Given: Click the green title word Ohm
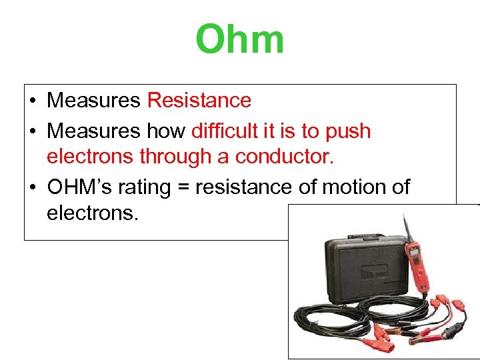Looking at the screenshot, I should [240, 40].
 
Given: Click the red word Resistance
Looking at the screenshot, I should [199, 101].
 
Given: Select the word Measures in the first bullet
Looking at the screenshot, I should [93, 101].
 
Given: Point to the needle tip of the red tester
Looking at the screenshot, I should [403, 216].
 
